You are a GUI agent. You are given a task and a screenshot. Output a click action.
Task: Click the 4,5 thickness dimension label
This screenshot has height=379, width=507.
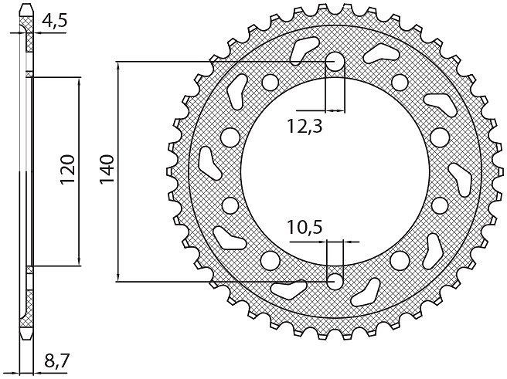click(x=54, y=22)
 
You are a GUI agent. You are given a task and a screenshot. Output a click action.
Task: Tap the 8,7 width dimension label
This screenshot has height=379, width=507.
click(x=57, y=360)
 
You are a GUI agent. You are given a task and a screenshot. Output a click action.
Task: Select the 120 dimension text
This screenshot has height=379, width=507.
click(x=67, y=169)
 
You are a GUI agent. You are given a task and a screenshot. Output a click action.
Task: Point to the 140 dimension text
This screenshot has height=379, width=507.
click(x=107, y=169)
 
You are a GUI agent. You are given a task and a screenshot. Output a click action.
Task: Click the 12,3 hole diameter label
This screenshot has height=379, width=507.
click(x=305, y=127)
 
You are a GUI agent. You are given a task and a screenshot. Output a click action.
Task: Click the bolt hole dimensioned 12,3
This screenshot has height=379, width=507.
click(x=335, y=61)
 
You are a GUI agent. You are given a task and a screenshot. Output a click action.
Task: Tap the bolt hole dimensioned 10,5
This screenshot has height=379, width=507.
click(x=335, y=282)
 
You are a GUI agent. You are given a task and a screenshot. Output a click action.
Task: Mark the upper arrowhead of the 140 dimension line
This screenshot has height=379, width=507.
click(x=119, y=66)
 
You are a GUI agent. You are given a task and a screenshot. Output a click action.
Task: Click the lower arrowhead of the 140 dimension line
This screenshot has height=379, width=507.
click(x=119, y=277)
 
